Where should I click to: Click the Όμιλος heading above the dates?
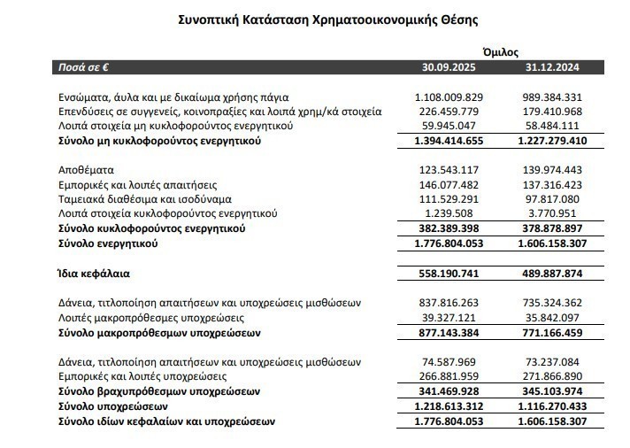501,52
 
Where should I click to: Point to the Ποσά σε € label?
90,67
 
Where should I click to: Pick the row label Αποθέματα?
87,169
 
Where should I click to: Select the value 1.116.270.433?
557,406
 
